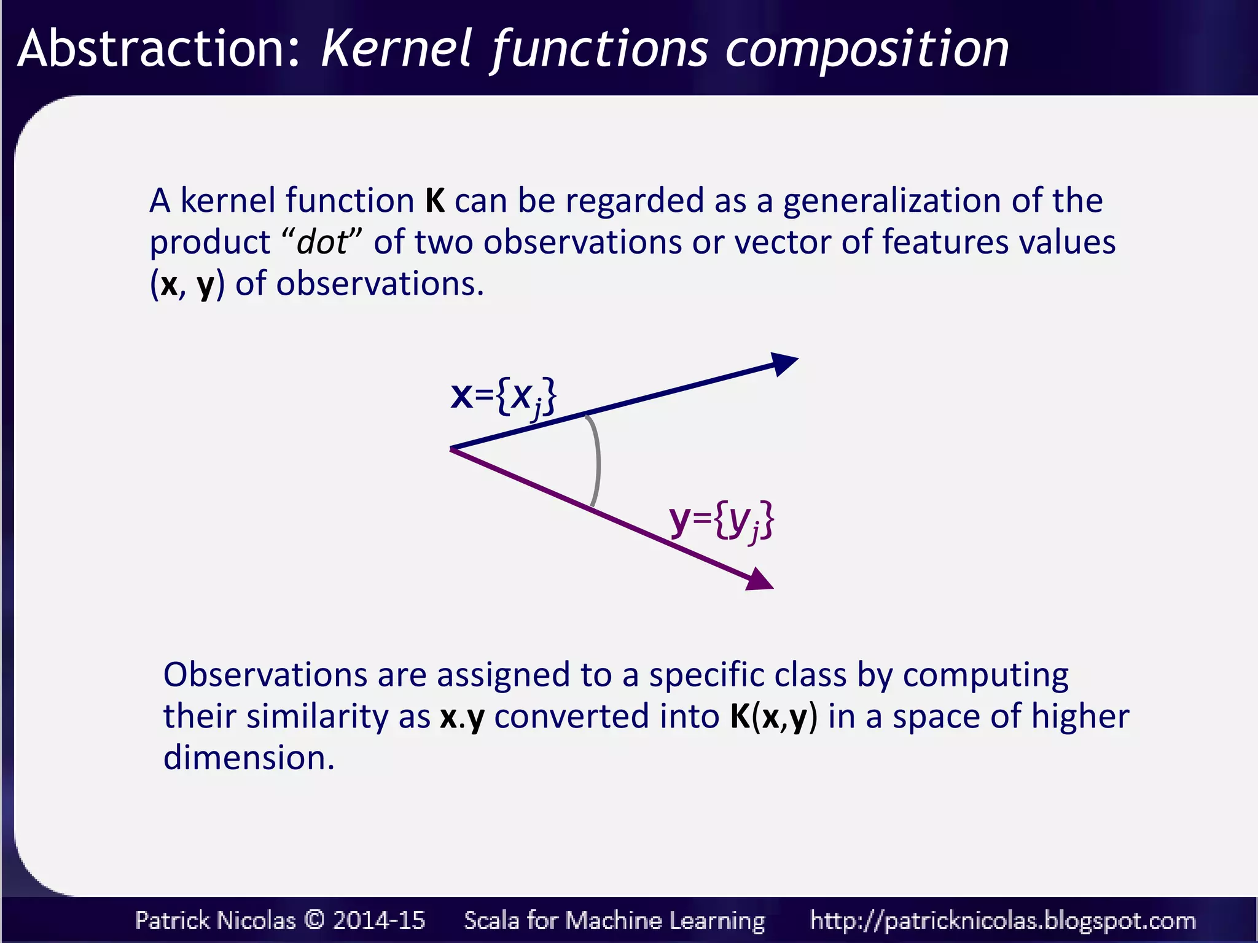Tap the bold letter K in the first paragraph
coord(435,201)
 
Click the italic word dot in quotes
coord(322,242)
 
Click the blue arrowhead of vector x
coord(783,363)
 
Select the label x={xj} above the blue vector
coord(504,397)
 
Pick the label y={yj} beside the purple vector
coord(721,521)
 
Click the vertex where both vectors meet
coord(452,449)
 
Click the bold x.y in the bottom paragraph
coord(462,717)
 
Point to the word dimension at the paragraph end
coord(248,758)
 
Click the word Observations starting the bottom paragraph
coord(265,675)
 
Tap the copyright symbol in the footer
coord(314,920)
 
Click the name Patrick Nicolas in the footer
coord(215,920)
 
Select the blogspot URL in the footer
coord(1002,920)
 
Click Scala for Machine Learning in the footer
coord(614,920)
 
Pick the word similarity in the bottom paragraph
coord(317,717)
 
